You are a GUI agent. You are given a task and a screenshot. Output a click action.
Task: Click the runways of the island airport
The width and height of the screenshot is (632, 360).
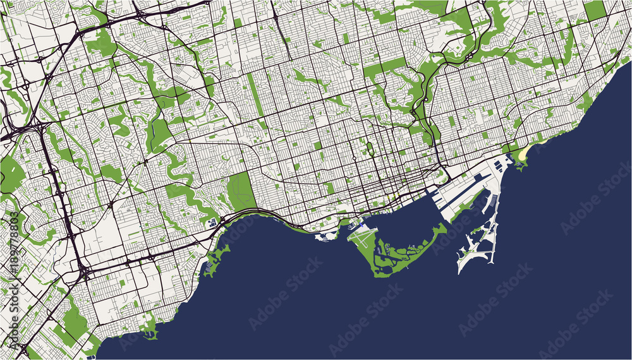[364, 239]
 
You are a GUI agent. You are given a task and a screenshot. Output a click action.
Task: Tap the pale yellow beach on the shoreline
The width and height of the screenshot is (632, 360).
[525, 153]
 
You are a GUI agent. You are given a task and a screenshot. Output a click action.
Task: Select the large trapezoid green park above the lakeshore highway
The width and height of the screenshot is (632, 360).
[241, 191]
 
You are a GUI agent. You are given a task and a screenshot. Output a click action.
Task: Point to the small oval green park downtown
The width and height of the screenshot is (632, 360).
[369, 150]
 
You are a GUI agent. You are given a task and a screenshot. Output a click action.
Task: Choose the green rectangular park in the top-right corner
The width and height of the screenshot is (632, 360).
[594, 10]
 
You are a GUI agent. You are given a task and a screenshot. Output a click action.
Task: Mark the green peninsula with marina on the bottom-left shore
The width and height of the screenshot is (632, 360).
[150, 328]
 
